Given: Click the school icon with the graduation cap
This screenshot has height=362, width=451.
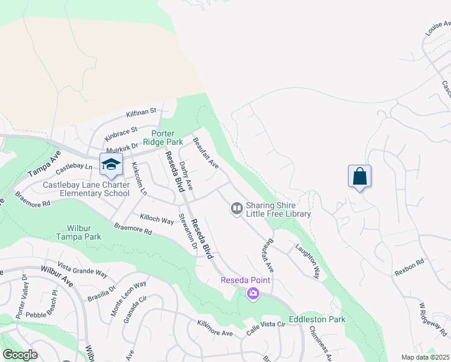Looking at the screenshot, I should pos(112,164).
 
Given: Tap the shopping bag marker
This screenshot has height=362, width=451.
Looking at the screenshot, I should pos(359,177).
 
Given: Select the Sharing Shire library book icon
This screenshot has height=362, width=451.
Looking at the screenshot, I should pos(237,209).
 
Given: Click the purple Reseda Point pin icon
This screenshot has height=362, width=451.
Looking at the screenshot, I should pos(253,294).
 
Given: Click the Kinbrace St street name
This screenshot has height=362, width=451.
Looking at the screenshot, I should pos(121,132).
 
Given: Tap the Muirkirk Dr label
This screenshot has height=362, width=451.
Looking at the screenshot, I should pos(122,148).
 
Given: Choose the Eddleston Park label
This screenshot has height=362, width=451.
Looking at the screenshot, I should pos(317,319).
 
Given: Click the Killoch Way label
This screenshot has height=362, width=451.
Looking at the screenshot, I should pos(157,218).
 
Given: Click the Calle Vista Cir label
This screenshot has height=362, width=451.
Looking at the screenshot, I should pos(265,329).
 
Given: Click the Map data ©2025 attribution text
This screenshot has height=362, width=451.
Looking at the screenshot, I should pos(425,357).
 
